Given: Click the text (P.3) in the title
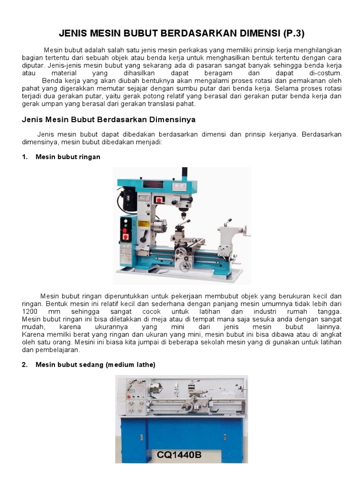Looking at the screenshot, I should coord(293,34).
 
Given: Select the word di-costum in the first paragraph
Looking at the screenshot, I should coord(325,74).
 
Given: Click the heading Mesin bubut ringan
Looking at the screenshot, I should coord(68,157).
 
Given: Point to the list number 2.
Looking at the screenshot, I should coord(25,364).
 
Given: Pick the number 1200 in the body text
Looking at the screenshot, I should coord(31,312).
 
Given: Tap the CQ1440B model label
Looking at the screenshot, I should coord(180,455).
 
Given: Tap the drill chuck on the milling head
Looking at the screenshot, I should coord(182,216).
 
